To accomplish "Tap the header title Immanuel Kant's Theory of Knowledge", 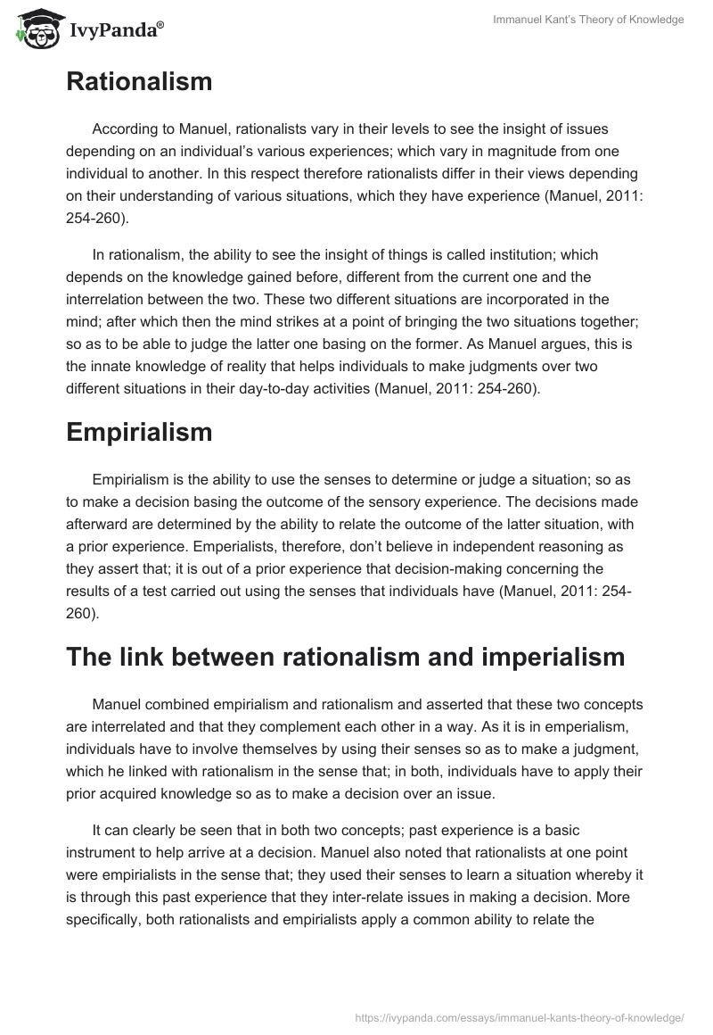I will click(x=588, y=20).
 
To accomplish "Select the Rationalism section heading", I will click(x=139, y=82).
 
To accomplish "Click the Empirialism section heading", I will click(x=140, y=432).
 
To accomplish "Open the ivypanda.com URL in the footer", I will click(x=520, y=1016).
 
